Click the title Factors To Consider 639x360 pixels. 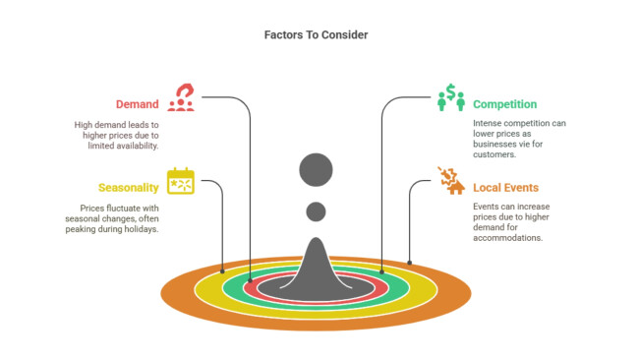tap(316, 35)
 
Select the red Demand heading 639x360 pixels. tap(137, 104)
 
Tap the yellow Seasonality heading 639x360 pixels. tap(129, 188)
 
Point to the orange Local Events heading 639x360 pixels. tap(505, 188)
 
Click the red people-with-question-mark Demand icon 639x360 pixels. tap(182, 97)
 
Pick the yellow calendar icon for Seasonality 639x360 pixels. tap(182, 182)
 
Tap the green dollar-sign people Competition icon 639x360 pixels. tap(450, 97)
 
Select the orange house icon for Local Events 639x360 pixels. tap(451, 182)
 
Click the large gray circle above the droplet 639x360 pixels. tap(317, 169)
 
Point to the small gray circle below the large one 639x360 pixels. tap(316, 210)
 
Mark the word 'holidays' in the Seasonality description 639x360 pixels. tap(138, 229)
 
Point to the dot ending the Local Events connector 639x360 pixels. tap(410, 263)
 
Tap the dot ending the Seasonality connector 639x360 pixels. tap(223, 270)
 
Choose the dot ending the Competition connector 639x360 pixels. tap(381, 272)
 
